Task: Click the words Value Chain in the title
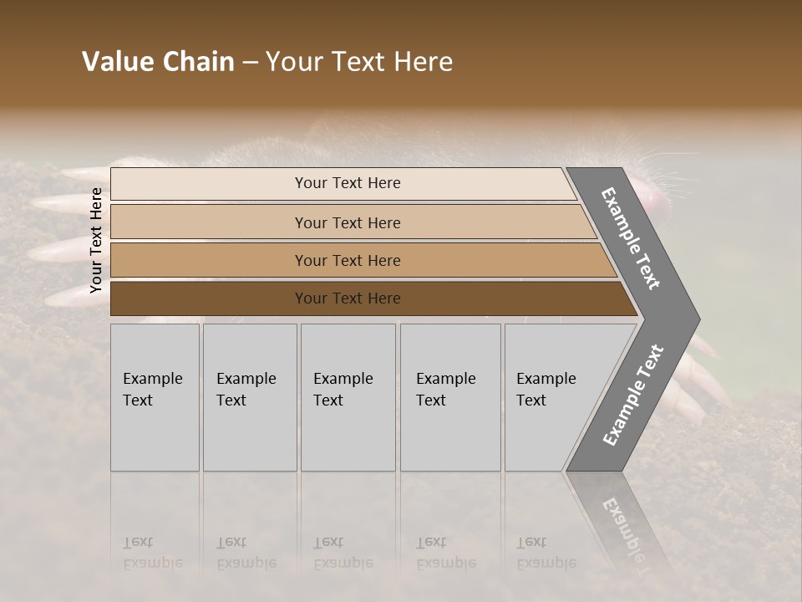pos(158,62)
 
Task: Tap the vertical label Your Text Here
pos(96,240)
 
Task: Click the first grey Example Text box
pos(155,397)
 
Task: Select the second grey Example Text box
pos(250,397)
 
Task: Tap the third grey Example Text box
pos(348,397)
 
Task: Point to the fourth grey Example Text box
pos(450,397)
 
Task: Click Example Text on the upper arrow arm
pos(631,238)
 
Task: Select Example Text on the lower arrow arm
pos(633,395)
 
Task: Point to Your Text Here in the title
pos(359,62)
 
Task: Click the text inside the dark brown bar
pos(348,298)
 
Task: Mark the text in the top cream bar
pos(348,183)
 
